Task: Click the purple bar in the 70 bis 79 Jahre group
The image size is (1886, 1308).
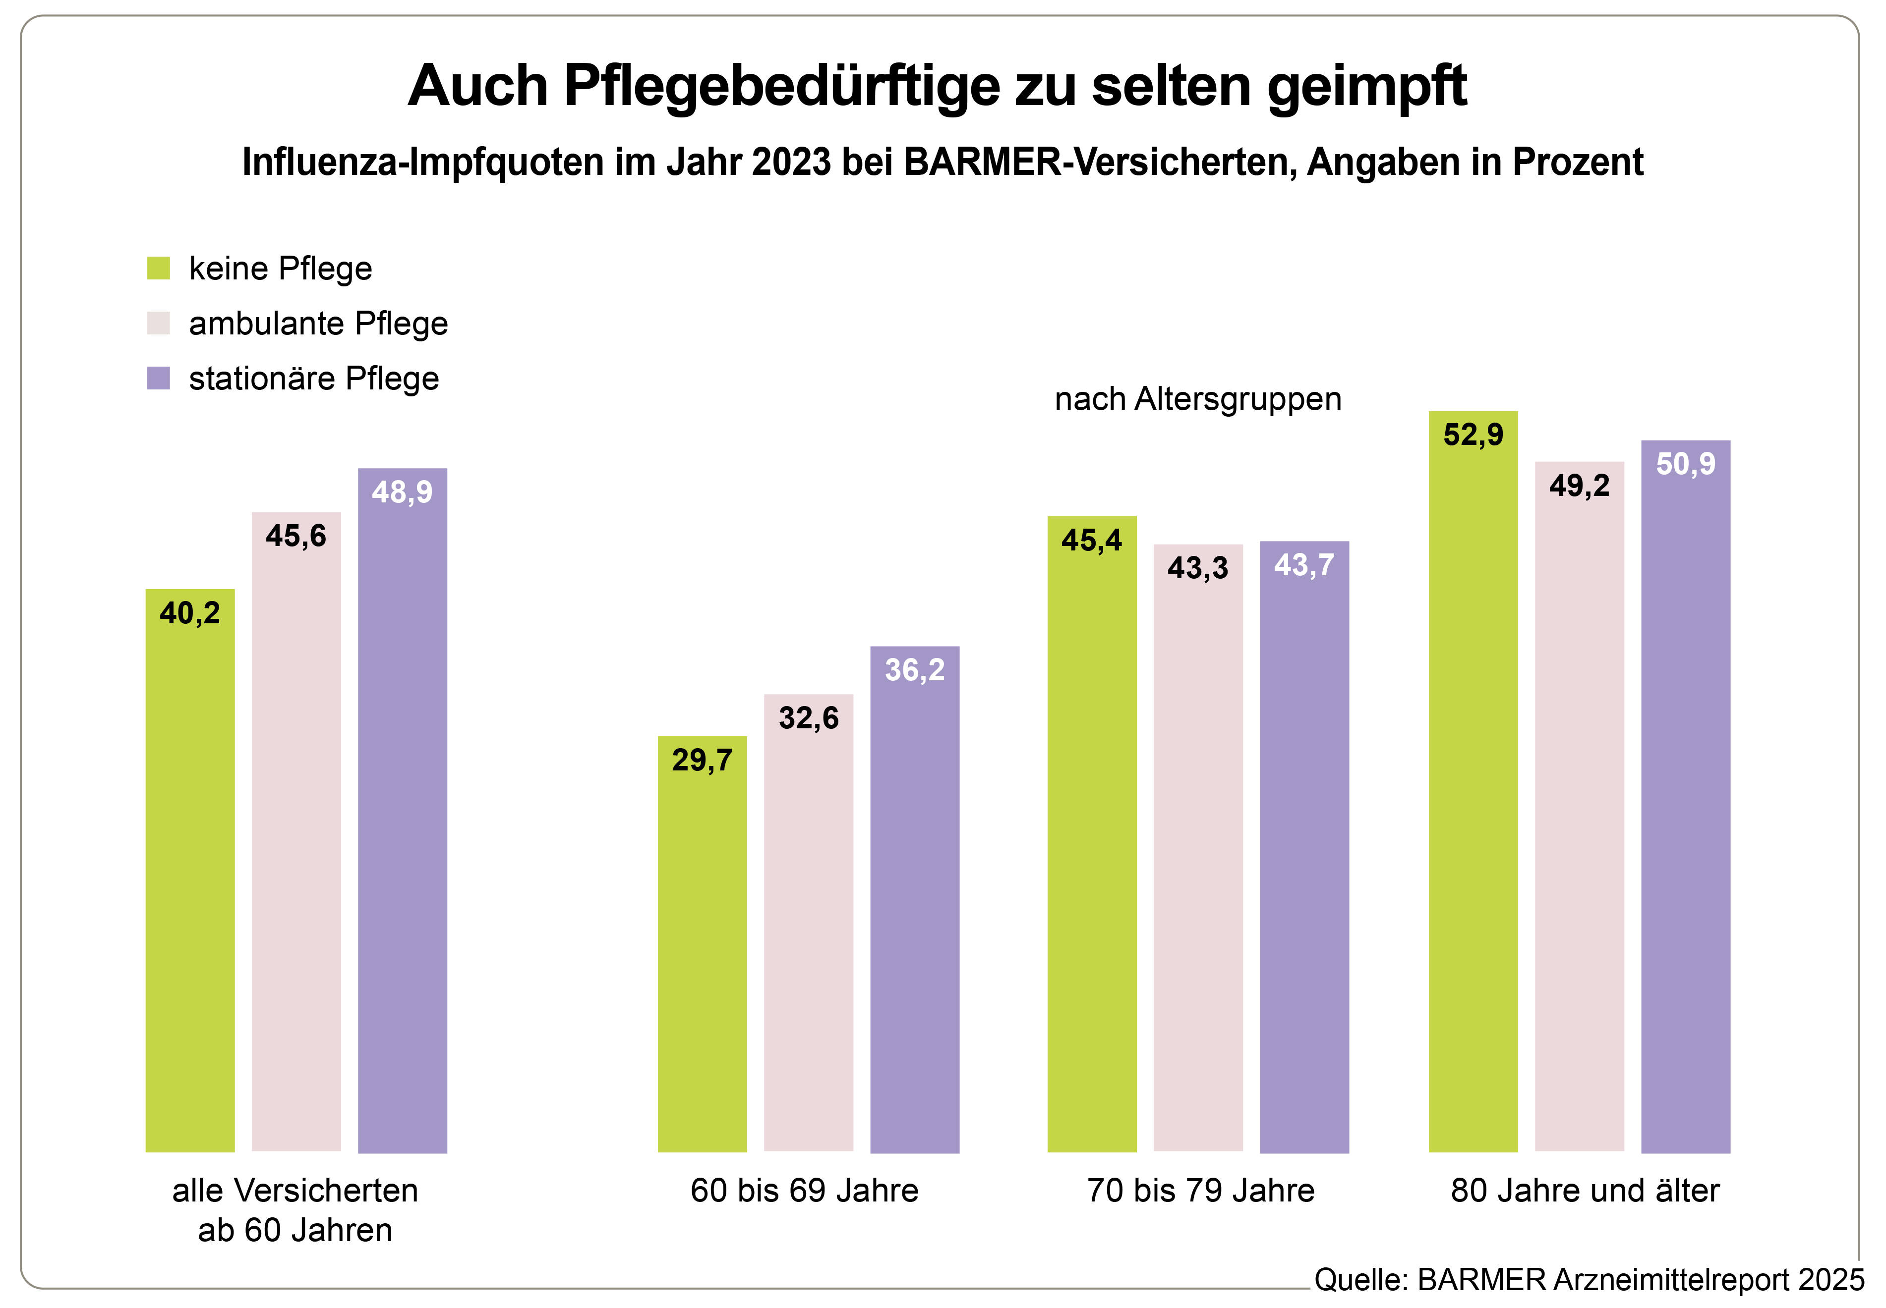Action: coord(1304,861)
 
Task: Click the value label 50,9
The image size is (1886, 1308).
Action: coord(1685,464)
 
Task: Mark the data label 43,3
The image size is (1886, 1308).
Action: coord(1197,567)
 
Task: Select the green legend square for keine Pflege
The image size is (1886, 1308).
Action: coord(158,268)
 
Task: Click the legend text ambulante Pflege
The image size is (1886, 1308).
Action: coord(318,323)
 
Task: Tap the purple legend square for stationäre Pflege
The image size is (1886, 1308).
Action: coord(158,378)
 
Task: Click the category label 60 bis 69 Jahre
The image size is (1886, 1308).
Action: coord(804,1190)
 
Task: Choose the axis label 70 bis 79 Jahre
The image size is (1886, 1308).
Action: coord(1200,1190)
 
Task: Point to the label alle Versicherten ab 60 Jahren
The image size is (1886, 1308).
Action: coord(295,1210)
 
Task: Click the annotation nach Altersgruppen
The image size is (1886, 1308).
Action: coord(1197,399)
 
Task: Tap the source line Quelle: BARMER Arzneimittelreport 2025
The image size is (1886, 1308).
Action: coord(1589,1279)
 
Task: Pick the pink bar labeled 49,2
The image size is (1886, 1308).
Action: coord(1579,819)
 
